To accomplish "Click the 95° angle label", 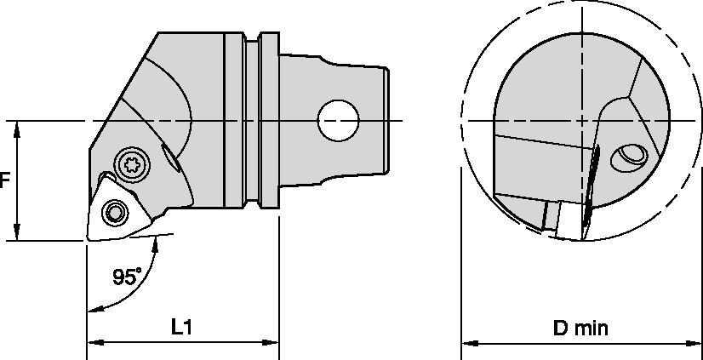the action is (x=127, y=277).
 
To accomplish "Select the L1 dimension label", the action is (x=181, y=328).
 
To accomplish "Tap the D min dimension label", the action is (x=580, y=329).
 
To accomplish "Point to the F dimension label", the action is (x=4, y=180).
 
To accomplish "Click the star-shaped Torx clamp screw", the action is (x=131, y=165).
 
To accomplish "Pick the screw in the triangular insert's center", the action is (x=115, y=212).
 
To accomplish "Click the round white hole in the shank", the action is (x=338, y=121).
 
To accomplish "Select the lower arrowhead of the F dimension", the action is (x=17, y=232).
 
